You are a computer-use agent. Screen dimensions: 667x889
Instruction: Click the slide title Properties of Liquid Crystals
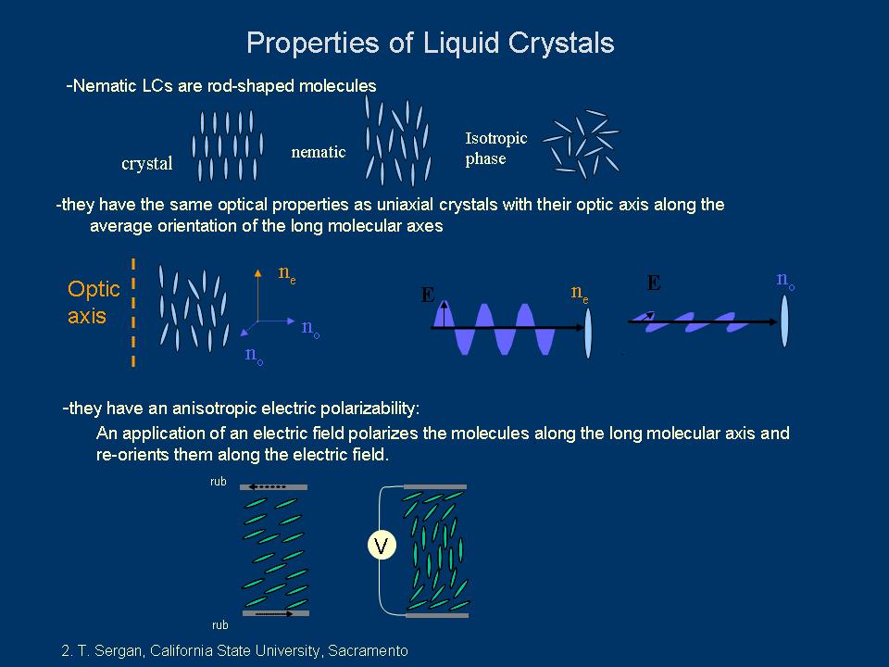coord(430,43)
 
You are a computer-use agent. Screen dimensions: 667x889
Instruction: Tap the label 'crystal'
coord(147,164)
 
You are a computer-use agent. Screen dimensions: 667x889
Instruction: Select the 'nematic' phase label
coord(319,152)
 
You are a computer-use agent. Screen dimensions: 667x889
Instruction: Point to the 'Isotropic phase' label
coord(495,148)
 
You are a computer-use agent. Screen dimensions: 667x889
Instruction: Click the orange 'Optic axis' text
coord(94,302)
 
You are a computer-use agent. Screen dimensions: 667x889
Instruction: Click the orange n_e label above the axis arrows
coord(287,271)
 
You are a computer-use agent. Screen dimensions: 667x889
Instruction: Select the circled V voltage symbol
coord(381,546)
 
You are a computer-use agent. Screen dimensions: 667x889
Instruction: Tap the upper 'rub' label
coord(219,482)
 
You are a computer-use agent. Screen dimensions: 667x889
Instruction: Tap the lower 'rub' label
coord(219,625)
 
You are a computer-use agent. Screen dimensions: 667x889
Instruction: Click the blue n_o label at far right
coord(785,280)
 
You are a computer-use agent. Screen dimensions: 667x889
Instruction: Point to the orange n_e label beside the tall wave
coord(580,294)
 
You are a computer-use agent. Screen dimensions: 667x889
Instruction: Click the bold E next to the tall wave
coord(428,296)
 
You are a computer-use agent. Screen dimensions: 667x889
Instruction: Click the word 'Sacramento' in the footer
coord(369,651)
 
